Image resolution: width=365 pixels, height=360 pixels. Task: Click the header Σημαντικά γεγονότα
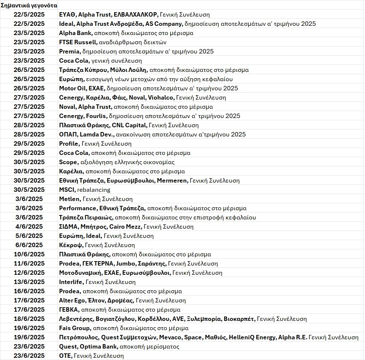tap(29, 5)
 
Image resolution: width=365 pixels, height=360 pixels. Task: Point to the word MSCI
tap(67, 190)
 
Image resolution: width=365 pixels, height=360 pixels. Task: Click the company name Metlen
tap(69, 199)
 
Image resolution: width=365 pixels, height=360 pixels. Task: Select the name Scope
tap(68, 162)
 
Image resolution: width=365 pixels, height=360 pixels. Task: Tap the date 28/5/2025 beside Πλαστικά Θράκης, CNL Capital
tap(29, 125)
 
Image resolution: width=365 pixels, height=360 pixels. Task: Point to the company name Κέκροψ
tap(71, 245)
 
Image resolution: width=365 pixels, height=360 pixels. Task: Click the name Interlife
tap(71, 282)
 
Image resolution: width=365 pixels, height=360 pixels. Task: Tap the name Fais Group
tap(74, 328)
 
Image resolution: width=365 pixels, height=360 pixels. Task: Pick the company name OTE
tap(65, 356)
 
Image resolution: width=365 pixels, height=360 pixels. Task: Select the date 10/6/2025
tap(29, 254)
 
